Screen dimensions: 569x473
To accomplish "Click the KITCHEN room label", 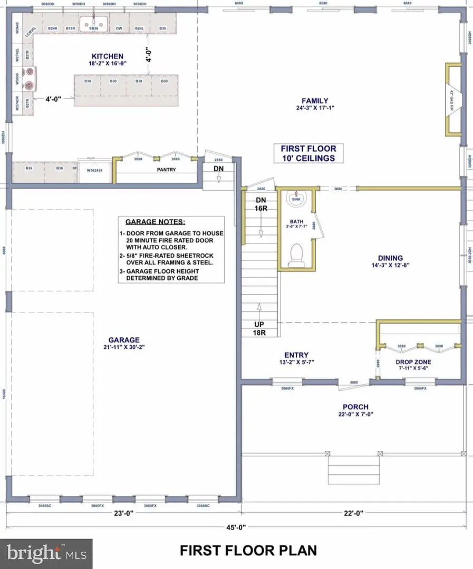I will click(107, 56).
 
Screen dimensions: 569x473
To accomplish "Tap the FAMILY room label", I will click(315, 101).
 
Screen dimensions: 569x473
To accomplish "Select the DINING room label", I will click(390, 258).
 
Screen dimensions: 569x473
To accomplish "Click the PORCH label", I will click(355, 407).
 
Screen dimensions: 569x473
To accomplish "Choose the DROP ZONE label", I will click(413, 362).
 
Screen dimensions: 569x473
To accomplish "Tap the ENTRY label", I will click(296, 355).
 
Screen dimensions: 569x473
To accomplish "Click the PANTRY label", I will click(167, 170).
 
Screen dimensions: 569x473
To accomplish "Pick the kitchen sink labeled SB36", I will click(94, 23).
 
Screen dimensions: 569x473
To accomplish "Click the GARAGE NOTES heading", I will click(156, 222).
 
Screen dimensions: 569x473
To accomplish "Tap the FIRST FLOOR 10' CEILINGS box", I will click(308, 153).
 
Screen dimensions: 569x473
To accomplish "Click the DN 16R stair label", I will click(260, 204).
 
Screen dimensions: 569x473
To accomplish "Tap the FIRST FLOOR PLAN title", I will click(248, 551).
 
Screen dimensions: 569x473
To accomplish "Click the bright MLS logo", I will click(46, 553).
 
